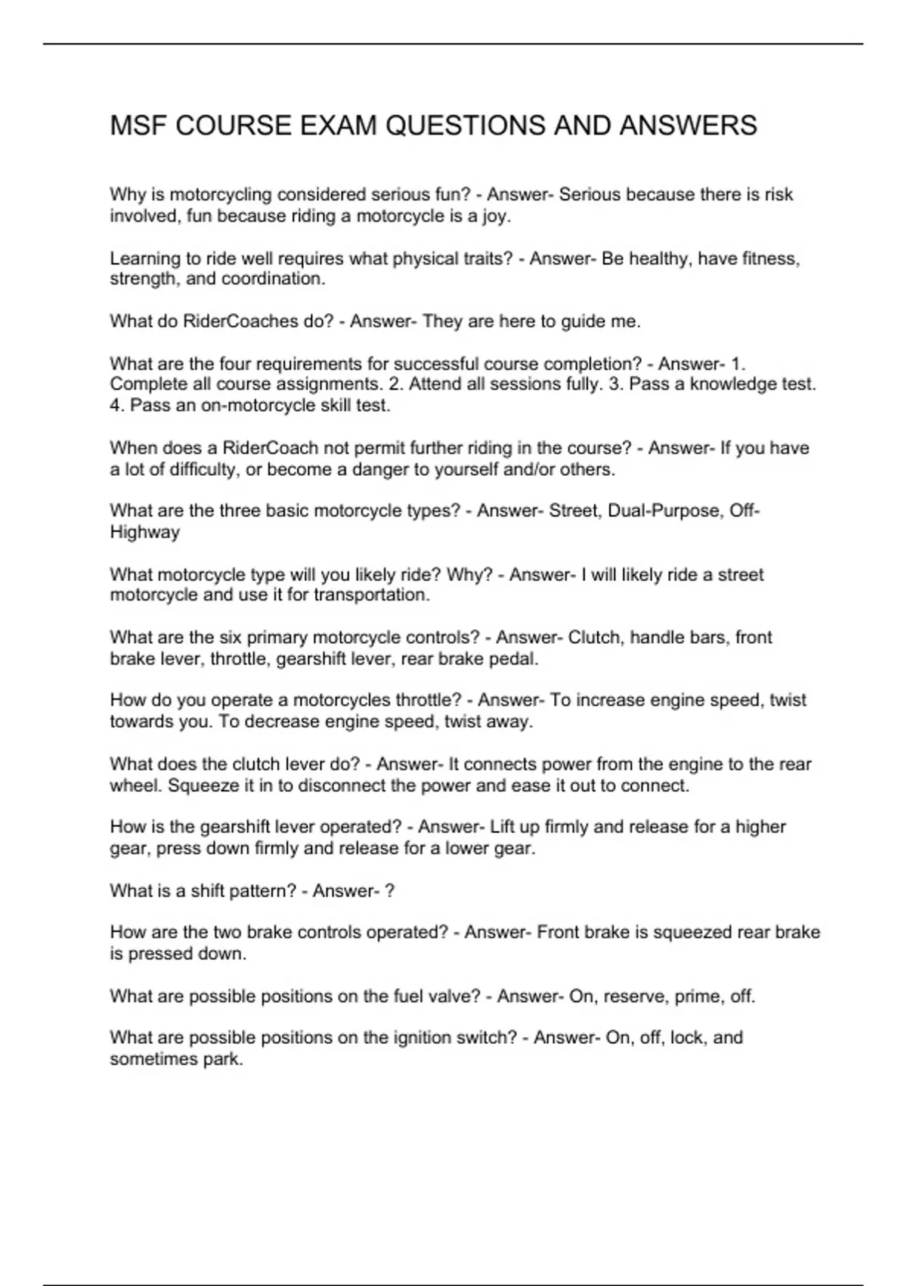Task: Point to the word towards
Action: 140,722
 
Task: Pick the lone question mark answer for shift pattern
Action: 389,891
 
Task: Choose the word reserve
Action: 631,996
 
